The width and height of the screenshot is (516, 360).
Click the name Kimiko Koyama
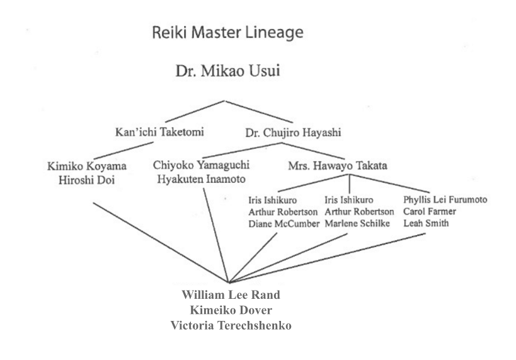coord(87,166)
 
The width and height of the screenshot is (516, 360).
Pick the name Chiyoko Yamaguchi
coord(202,166)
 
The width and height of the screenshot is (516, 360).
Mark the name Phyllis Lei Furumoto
coord(444,200)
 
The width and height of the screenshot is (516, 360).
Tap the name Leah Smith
coord(424,224)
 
